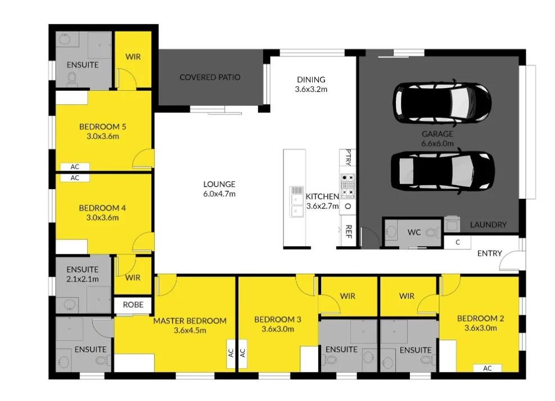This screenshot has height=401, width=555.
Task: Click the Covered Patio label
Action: (x=210, y=77)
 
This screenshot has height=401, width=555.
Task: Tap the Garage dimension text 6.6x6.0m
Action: (x=437, y=144)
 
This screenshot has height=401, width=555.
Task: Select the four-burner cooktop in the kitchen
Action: (x=348, y=185)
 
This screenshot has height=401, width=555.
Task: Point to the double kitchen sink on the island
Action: (x=296, y=201)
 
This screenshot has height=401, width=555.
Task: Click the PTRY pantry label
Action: (x=348, y=158)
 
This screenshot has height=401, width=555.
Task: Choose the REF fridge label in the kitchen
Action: (x=348, y=231)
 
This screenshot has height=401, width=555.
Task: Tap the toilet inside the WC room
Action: (x=431, y=232)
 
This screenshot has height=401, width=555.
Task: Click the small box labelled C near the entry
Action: (x=458, y=242)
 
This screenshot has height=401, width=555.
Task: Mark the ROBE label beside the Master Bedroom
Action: (x=133, y=305)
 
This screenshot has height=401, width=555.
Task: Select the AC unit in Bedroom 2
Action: (x=487, y=368)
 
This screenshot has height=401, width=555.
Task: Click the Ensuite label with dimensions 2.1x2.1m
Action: (x=82, y=274)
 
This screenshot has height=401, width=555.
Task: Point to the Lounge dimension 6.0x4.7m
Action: (x=219, y=194)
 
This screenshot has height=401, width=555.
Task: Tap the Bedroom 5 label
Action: (x=102, y=127)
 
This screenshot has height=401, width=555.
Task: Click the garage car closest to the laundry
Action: (x=443, y=171)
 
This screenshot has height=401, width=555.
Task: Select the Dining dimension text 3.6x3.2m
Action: (x=311, y=89)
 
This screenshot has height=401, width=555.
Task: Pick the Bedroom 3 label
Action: (x=277, y=319)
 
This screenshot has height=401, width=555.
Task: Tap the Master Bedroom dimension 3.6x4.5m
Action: (x=190, y=330)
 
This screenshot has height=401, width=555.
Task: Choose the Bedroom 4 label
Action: (x=102, y=208)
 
